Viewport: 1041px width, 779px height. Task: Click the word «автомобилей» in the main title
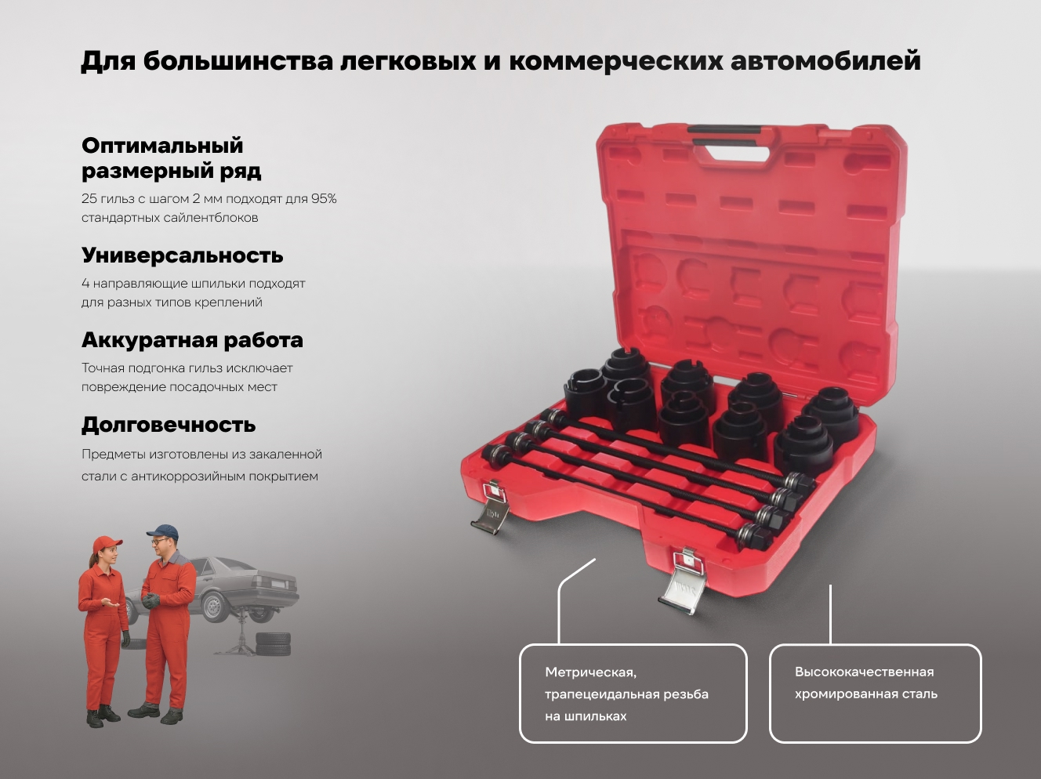point(825,60)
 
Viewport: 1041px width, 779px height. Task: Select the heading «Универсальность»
point(182,255)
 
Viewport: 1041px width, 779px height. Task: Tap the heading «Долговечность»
point(169,425)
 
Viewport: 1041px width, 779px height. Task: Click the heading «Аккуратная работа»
point(192,340)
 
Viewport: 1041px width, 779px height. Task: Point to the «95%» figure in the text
point(324,198)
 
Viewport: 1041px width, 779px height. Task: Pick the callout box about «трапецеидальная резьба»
point(633,693)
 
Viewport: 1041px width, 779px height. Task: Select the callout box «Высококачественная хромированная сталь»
point(875,693)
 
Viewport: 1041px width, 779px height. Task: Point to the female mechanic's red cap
point(107,543)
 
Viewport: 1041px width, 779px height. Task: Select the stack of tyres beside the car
point(273,643)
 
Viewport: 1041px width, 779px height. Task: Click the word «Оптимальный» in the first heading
point(162,146)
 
